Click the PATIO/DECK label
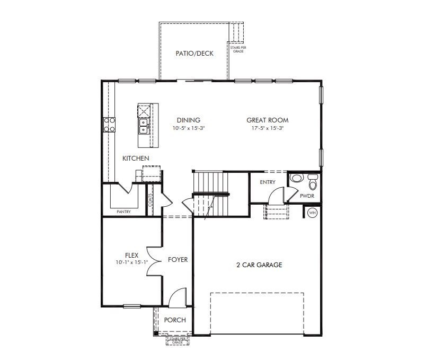click(194, 54)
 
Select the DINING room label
click(188, 120)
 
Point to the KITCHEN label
click(136, 159)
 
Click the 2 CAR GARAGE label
click(259, 265)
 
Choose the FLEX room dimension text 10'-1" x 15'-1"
click(131, 262)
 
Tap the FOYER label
click(178, 260)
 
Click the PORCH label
click(175, 320)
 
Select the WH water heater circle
click(312, 213)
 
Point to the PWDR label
click(307, 196)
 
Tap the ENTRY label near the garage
click(268, 182)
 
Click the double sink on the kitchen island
click(144, 126)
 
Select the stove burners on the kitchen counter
click(109, 125)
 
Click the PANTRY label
click(123, 212)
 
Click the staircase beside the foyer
click(211, 194)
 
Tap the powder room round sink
click(297, 178)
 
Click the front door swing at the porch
click(178, 297)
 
